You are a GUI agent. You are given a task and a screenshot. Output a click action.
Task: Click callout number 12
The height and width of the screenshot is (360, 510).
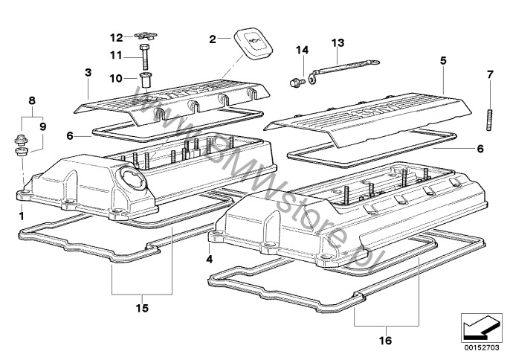click(117, 37)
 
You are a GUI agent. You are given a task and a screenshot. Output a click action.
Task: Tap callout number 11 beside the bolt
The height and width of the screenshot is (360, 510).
click(116, 54)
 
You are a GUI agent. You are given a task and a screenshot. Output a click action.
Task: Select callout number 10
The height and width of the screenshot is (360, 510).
click(116, 77)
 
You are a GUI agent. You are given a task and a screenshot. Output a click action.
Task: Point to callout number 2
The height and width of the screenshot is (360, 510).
click(212, 38)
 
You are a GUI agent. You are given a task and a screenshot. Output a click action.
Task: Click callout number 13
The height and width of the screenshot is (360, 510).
click(338, 42)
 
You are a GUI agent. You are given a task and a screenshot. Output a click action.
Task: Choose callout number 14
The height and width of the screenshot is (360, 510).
click(302, 51)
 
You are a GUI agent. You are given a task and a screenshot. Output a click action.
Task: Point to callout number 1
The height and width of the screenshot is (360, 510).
click(21, 215)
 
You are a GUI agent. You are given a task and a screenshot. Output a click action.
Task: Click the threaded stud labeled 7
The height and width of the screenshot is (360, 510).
click(490, 120)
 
